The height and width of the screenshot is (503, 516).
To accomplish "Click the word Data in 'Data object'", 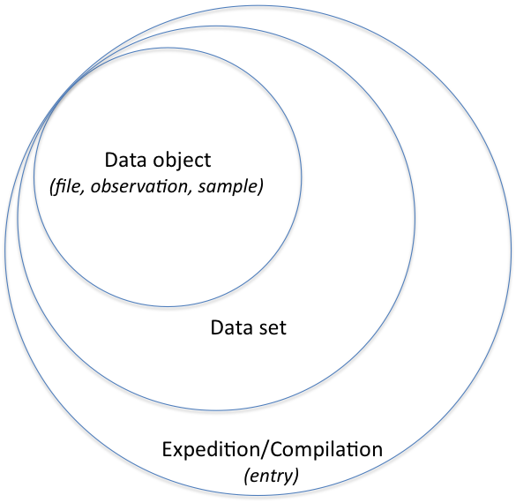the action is [125, 160].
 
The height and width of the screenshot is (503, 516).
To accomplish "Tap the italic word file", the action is [67, 186].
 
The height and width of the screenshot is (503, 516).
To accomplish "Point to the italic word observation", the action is [138, 186].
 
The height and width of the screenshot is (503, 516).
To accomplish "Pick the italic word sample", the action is [228, 187].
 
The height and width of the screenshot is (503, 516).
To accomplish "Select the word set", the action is [273, 328].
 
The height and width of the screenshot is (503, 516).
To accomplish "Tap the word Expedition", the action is [211, 451].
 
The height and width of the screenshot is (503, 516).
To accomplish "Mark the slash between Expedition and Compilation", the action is [265, 450].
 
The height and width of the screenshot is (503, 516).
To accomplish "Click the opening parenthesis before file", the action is [52, 187].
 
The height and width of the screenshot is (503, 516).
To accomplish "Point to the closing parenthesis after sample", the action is [260, 187].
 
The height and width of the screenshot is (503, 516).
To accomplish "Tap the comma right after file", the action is [82, 191].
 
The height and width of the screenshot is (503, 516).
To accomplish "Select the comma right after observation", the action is [190, 191].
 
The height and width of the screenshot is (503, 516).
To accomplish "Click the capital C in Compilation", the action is [278, 449].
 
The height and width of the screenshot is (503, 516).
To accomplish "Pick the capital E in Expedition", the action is [168, 449].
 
